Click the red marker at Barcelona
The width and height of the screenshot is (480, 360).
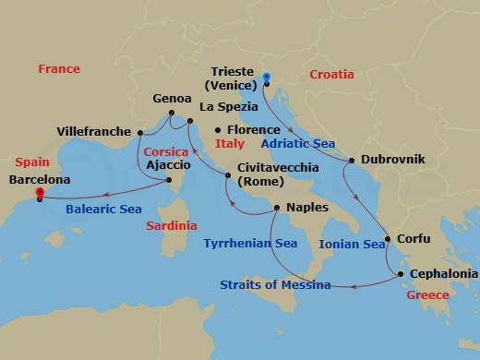[40, 194]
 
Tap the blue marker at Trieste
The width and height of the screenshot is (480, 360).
[265, 78]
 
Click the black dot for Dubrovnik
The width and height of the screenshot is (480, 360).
[351, 160]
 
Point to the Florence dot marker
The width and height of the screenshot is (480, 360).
[218, 130]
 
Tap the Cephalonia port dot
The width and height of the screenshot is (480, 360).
[400, 273]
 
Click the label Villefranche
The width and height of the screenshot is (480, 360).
[94, 132]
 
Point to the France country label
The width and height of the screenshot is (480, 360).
[59, 69]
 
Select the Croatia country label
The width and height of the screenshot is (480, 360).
[332, 74]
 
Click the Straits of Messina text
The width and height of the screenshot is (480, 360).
[275, 284]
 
